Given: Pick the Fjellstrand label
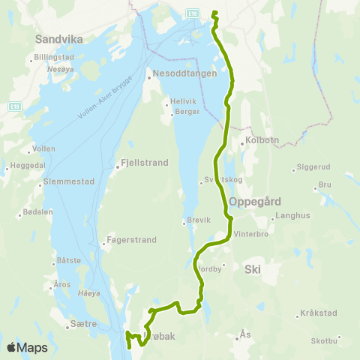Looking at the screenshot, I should pos(139,161).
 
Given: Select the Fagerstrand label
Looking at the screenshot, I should pos(131,241).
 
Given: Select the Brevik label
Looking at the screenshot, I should pos(199,220).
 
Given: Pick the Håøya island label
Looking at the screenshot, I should pos(88,293).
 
